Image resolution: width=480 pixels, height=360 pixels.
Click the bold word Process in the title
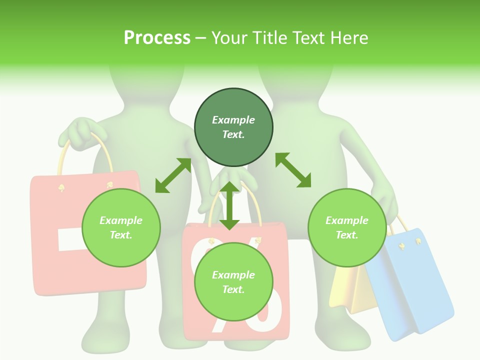click(x=157, y=38)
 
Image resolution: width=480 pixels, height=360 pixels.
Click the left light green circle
click(x=121, y=227)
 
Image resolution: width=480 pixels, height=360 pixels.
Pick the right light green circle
click(x=347, y=227)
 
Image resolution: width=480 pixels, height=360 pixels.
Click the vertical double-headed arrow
click(x=229, y=205)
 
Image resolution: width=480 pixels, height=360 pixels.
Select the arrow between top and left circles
click(x=173, y=175)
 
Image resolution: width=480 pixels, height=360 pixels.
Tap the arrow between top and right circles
click(x=293, y=170)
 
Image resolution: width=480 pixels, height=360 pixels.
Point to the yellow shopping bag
click(x=350, y=290)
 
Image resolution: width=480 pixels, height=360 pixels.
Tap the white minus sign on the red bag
click(x=67, y=240)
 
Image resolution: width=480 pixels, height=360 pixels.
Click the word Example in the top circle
click(x=233, y=120)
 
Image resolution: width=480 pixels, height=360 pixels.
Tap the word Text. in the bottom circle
click(x=233, y=289)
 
